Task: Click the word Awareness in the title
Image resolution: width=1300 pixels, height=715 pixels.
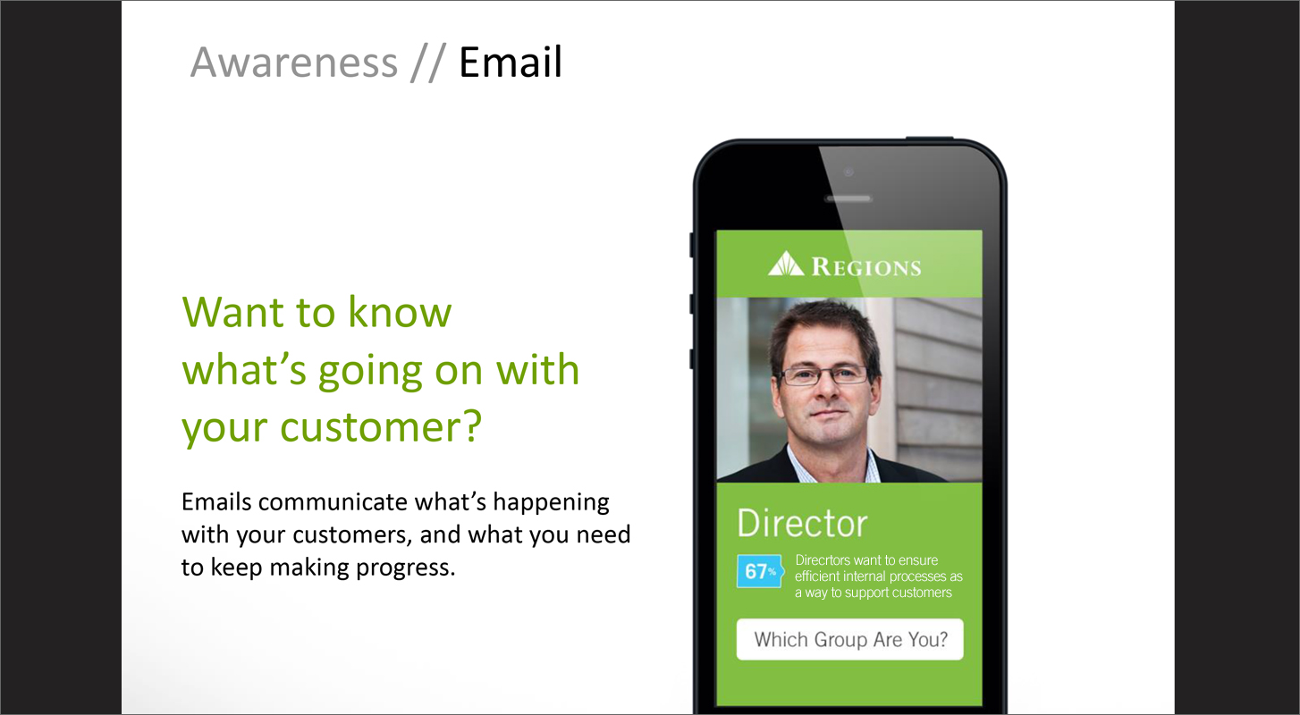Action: (293, 62)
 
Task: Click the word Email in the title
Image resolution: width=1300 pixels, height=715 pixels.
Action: (511, 62)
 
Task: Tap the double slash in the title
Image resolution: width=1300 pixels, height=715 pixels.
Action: (427, 63)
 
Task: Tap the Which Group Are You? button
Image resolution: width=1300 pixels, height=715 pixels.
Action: (849, 639)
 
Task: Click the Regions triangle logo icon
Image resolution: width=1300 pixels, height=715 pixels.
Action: (786, 264)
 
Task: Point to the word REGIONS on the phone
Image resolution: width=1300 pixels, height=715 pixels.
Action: (865, 267)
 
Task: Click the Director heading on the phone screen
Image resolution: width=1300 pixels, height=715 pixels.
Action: (802, 523)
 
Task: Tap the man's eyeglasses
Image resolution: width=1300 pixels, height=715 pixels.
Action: (824, 375)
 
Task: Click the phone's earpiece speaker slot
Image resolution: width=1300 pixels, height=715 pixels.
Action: (848, 198)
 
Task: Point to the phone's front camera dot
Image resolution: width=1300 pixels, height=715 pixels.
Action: (848, 172)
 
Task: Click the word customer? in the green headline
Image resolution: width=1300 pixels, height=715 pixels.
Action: (381, 427)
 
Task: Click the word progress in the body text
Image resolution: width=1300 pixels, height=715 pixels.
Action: (405, 568)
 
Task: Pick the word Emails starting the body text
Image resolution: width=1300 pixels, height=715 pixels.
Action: (216, 502)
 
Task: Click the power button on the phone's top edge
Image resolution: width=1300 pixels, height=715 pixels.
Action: (929, 138)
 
